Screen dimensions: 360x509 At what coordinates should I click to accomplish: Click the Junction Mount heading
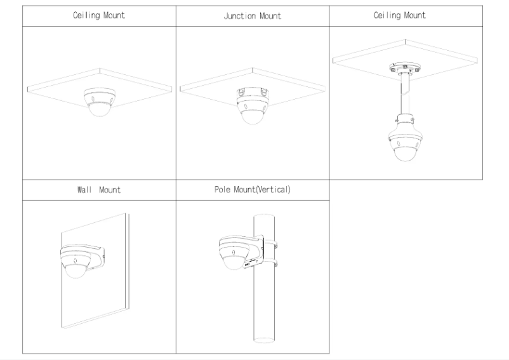pyautogui.click(x=252, y=16)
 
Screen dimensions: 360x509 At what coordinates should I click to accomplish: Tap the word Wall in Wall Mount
pyautogui.click(x=85, y=190)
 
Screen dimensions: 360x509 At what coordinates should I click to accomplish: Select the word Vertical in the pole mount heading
pyautogui.click(x=273, y=190)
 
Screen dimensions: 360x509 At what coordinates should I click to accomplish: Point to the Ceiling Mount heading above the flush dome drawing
pyautogui.click(x=99, y=16)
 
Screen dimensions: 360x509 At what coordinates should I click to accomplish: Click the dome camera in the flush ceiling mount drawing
pyautogui.click(x=100, y=102)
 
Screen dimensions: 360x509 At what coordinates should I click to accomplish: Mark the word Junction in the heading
pyautogui.click(x=238, y=16)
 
